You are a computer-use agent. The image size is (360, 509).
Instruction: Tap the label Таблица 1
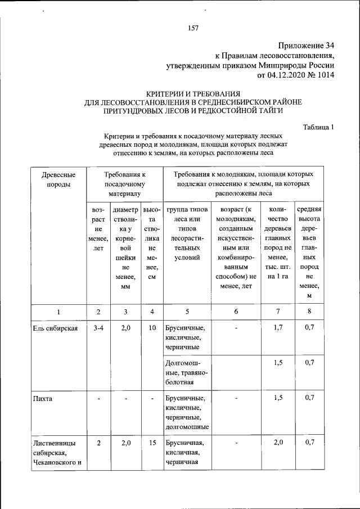pyautogui.click(x=318, y=127)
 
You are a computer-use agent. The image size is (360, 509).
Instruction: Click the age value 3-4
pyautogui.click(x=98, y=328)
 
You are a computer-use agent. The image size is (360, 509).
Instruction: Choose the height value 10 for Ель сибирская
pyautogui.click(x=152, y=328)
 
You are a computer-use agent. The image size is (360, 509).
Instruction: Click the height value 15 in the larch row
pyautogui.click(x=152, y=443)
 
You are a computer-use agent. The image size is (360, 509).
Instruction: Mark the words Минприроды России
pyautogui.click(x=303, y=65)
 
